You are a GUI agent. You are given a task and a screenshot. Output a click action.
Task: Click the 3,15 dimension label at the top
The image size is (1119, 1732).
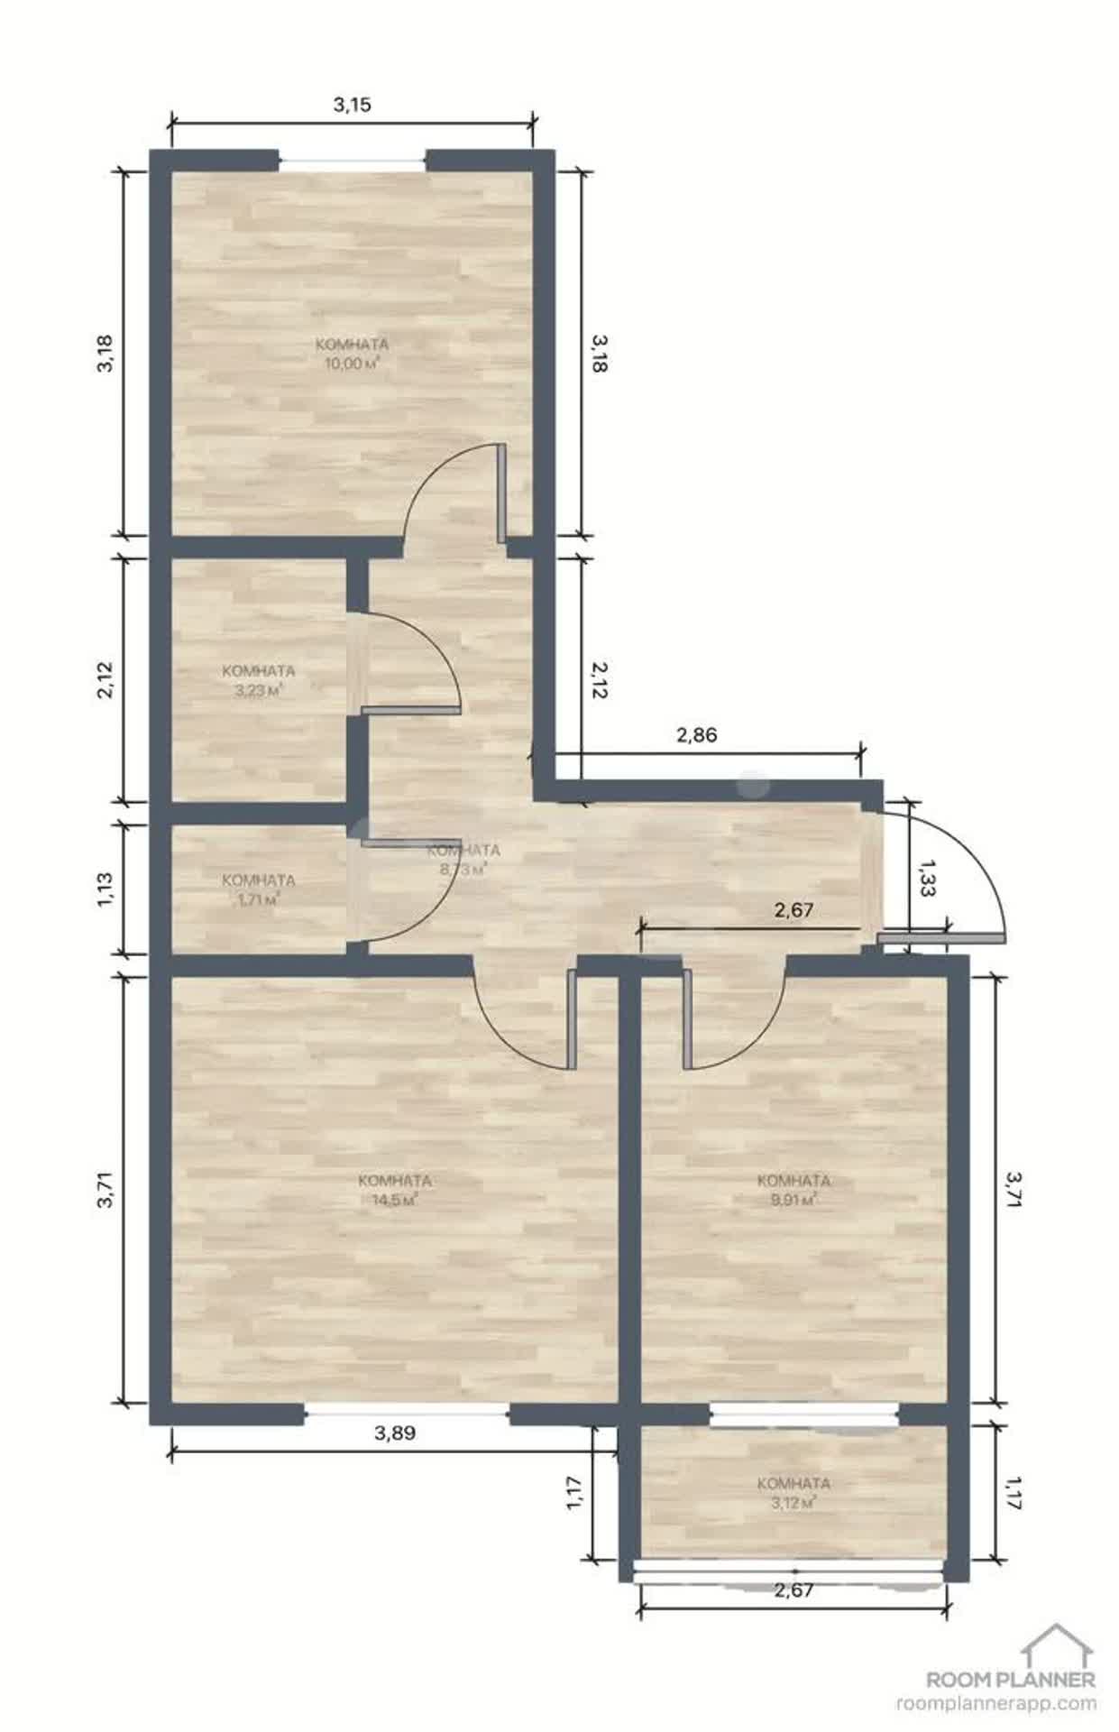click(352, 105)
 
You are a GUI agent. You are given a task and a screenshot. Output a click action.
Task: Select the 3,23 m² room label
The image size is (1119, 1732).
click(258, 681)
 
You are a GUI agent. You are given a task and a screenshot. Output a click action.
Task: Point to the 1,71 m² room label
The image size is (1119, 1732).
click(258, 890)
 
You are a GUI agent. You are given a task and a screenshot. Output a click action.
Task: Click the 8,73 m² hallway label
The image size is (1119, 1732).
click(463, 860)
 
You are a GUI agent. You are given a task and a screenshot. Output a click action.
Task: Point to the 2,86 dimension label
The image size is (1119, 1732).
click(696, 735)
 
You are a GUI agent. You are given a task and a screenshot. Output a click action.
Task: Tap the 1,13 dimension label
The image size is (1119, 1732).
click(105, 889)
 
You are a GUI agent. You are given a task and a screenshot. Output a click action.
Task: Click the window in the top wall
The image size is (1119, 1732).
click(352, 161)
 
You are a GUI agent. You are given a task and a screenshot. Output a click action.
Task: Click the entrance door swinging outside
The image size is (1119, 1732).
click(941, 939)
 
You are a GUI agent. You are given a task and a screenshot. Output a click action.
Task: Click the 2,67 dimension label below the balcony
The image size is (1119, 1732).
click(793, 1590)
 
